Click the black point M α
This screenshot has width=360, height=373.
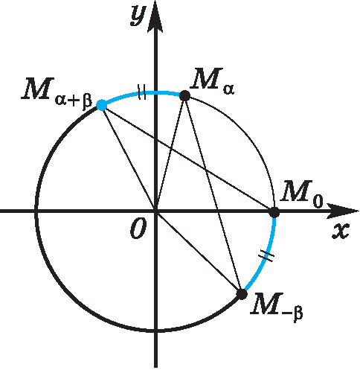point(184,96)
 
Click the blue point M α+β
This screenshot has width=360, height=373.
point(101,105)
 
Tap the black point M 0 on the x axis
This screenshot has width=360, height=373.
point(274,212)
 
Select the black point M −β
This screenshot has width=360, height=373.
point(242,294)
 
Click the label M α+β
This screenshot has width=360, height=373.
point(57,92)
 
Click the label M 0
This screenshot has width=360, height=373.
point(301,194)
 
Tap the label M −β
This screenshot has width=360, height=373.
point(277,307)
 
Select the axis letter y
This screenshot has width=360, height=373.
point(138,15)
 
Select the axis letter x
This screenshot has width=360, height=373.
point(341,232)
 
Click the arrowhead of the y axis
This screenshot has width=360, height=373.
point(155,16)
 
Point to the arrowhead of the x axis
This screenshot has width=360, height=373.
point(343,211)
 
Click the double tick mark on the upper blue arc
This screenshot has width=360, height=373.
point(141,92)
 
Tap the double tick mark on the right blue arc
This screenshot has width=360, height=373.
point(266,256)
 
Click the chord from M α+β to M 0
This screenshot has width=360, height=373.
point(187,159)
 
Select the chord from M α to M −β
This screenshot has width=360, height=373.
point(213,195)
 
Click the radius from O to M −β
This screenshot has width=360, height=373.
point(199,253)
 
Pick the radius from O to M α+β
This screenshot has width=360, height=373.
point(129,159)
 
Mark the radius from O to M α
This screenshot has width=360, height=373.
point(170,153)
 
